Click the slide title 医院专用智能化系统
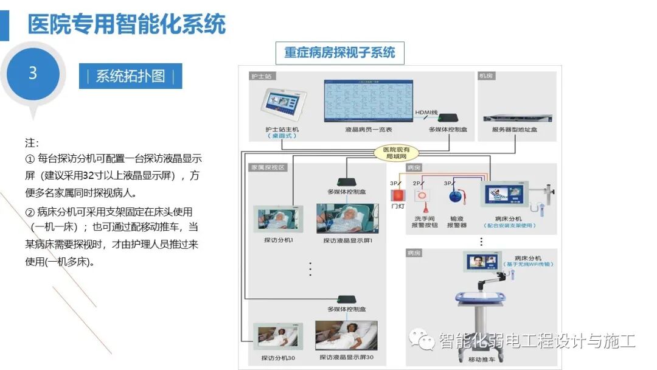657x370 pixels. (127, 24)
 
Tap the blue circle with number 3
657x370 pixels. (33, 74)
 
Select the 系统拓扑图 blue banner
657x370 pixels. (130, 77)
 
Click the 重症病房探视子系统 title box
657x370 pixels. (339, 52)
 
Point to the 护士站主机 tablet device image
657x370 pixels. (282, 104)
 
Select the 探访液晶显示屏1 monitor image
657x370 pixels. (347, 218)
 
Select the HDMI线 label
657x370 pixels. (427, 113)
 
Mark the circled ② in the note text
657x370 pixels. (30, 212)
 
